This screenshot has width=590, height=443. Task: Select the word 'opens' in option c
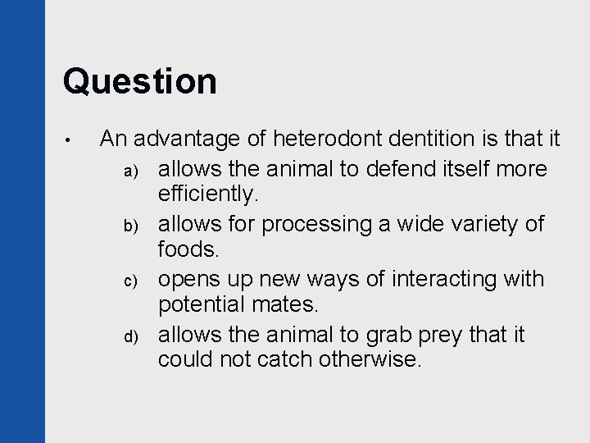click(186, 280)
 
